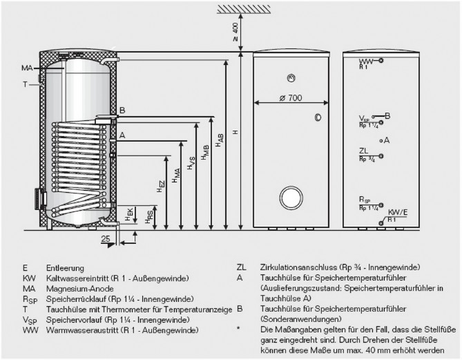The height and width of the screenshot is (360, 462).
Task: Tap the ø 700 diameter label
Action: tap(291, 98)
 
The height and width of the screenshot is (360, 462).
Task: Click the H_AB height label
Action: tap(219, 140)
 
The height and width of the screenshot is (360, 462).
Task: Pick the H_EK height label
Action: tap(129, 215)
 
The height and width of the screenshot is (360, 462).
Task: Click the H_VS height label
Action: tap(190, 164)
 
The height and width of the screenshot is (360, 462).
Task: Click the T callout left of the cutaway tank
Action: tap(24, 84)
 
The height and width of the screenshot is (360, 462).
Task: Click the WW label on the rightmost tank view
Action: tap(365, 61)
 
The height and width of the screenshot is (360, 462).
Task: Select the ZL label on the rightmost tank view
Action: tap(363, 150)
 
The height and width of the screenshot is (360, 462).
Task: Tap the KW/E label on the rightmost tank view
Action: tap(398, 212)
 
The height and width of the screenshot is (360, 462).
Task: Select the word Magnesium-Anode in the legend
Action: tap(77, 288)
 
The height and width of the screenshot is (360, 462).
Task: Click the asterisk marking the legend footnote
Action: tap(238, 330)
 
